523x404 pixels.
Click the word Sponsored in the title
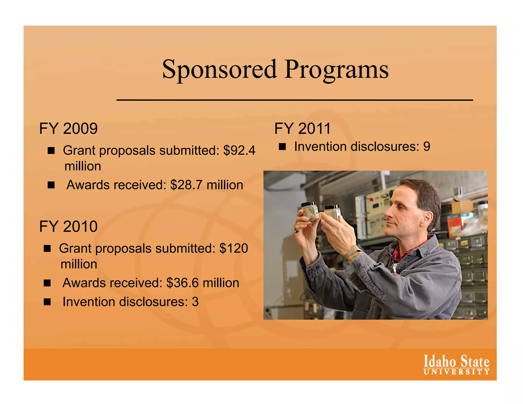[x=219, y=69]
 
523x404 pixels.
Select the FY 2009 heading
[x=68, y=128]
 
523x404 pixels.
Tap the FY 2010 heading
[x=68, y=227]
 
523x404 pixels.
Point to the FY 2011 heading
[x=302, y=128]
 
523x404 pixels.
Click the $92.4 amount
[x=239, y=150]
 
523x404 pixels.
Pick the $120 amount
[x=233, y=248]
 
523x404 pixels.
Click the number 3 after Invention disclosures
[x=195, y=302]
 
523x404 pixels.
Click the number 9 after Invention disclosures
[x=427, y=147]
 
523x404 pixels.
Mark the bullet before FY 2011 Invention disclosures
[x=282, y=147]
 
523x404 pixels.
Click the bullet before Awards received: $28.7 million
[x=51, y=185]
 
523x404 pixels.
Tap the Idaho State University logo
[x=456, y=365]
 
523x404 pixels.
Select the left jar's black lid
[x=309, y=205]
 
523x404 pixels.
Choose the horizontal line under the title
[x=294, y=100]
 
